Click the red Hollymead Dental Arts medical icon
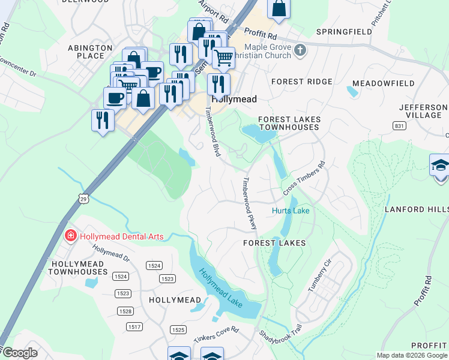tap(71, 236)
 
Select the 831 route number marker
tap(399, 125)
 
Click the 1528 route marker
tap(125, 311)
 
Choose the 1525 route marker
tap(178, 330)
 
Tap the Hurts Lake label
tap(291, 211)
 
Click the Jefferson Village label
tap(423, 111)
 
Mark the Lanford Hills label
tap(415, 209)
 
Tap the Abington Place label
tap(90, 52)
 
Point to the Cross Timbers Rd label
tap(304, 178)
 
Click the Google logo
tap(20, 353)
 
